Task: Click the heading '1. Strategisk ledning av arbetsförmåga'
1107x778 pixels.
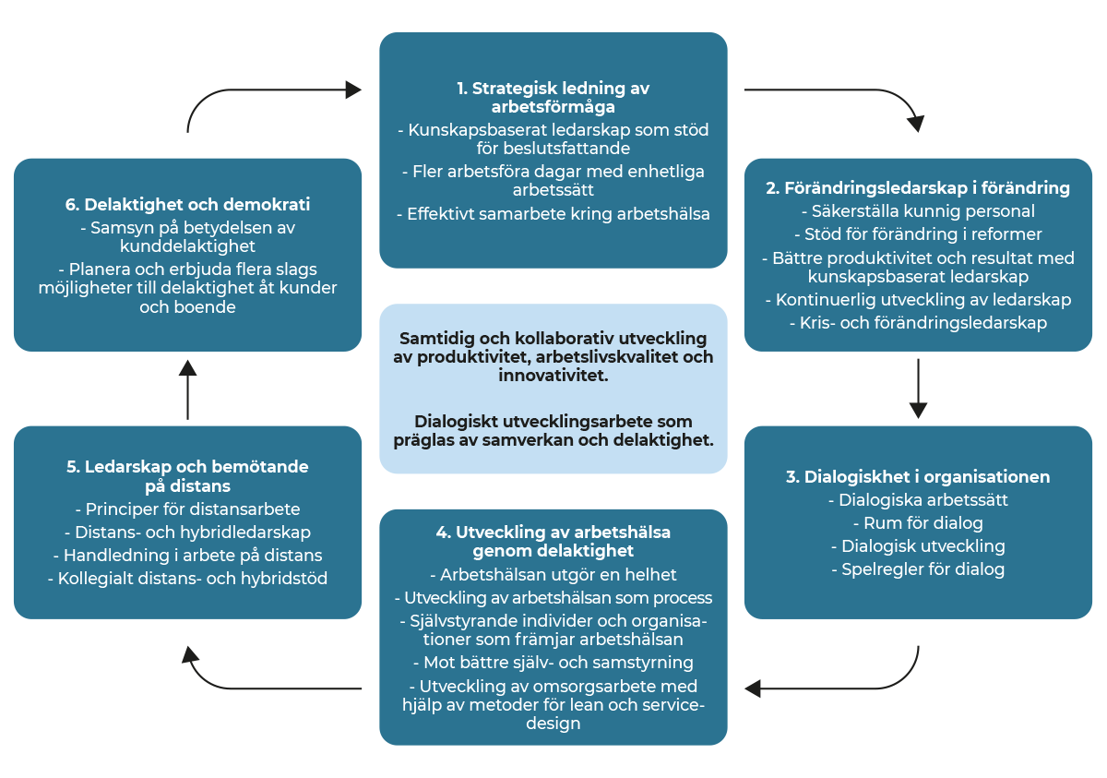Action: [553, 98]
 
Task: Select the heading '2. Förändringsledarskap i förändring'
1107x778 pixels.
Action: [918, 188]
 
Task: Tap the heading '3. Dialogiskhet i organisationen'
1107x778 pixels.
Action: [918, 476]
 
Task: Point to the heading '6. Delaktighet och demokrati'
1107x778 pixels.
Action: [187, 204]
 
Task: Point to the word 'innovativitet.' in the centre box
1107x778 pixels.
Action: [553, 376]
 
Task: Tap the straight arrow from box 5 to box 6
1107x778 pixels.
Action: [187, 390]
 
